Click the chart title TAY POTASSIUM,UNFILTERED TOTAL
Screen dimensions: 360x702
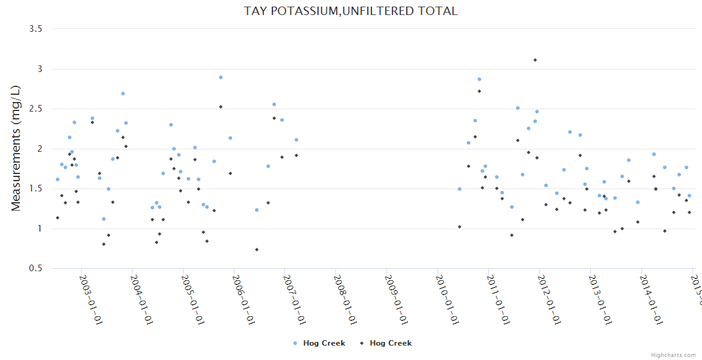coord(350,11)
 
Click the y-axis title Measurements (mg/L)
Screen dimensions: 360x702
coord(16,148)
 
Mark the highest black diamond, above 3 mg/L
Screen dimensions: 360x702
coord(535,60)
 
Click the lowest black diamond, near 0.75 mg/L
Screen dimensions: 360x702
coord(257,250)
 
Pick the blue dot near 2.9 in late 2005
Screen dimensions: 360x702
coord(221,77)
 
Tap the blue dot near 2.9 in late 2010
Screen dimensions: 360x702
coord(479,79)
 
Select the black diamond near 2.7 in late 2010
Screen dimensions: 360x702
coord(479,91)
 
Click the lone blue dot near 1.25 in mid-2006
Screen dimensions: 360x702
coord(257,210)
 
